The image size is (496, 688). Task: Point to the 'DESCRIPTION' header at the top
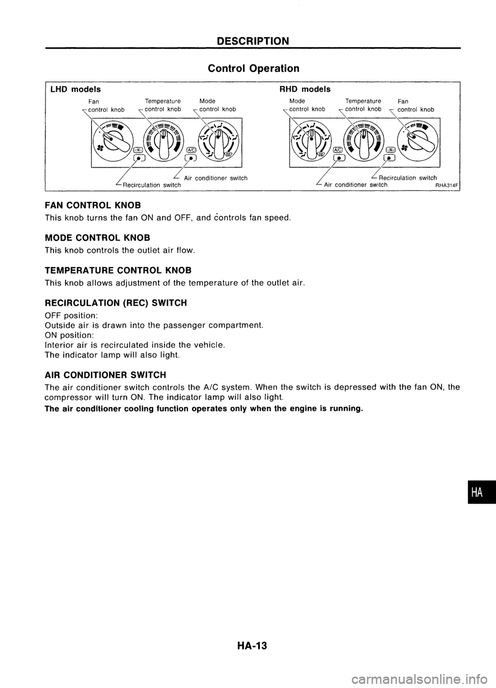point(253,41)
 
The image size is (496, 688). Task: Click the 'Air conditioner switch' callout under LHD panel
point(216,178)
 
